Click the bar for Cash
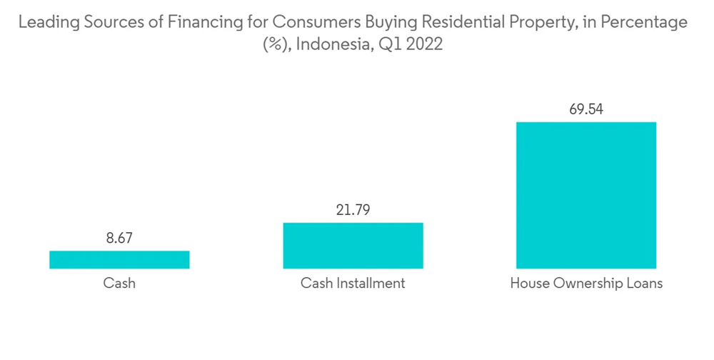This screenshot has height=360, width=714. coord(119,260)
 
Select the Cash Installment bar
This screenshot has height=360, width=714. coord(353,246)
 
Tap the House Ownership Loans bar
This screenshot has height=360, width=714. coord(586,195)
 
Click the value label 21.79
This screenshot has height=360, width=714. coord(353,211)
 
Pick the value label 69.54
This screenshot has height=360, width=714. coord(586,110)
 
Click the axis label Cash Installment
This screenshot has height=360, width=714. coord(353,284)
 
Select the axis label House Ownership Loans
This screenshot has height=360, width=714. coord(586,284)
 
